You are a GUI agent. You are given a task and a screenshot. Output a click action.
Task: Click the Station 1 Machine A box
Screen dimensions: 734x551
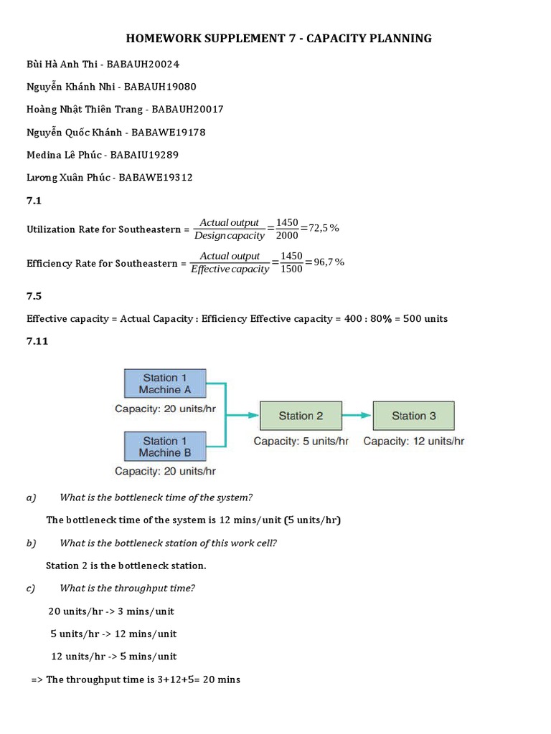point(165,383)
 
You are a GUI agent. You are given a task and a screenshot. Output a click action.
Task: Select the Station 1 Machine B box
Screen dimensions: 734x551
point(165,447)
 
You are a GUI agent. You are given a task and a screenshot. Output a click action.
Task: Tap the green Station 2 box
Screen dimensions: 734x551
point(301,416)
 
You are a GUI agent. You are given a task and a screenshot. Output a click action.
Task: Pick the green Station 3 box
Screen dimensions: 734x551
point(413,416)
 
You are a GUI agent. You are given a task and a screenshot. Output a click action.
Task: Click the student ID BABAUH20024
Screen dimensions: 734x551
point(143,65)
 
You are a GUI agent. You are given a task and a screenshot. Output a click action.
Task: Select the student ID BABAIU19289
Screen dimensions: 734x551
point(143,155)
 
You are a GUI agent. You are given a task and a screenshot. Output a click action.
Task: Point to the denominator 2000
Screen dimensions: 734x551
point(287,236)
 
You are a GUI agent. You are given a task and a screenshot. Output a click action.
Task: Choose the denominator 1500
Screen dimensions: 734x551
point(291,270)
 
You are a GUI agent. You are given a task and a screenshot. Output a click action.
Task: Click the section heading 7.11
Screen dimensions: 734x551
point(37,341)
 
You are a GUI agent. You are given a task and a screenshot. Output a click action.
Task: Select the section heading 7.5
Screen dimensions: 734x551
point(34,295)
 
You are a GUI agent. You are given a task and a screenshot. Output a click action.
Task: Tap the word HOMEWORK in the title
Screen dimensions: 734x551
point(159,38)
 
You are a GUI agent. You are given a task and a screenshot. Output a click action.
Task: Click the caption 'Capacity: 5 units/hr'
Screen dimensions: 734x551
point(301,442)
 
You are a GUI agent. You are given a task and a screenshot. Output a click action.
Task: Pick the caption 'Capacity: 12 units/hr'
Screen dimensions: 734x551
point(413,442)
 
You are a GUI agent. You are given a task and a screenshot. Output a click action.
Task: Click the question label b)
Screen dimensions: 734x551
point(32,543)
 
